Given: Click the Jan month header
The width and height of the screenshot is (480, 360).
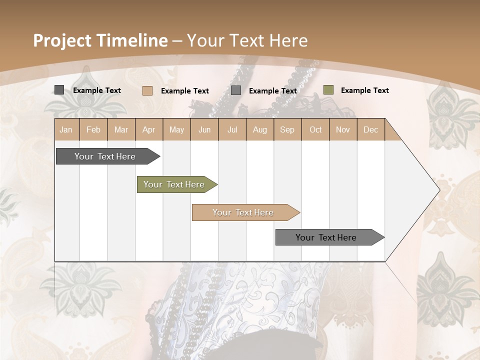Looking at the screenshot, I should pos(66,129).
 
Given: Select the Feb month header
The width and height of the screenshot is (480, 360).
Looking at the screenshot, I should pos(93,129).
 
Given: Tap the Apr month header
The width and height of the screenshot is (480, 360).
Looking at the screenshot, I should pos(148,129).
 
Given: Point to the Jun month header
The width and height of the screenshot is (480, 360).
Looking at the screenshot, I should pos(204,129).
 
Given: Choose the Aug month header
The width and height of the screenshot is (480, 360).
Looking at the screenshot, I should pos(260,129).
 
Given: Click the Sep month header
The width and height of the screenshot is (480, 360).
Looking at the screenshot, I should pos(287,129).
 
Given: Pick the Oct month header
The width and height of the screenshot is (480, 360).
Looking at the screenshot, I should pos(315,129).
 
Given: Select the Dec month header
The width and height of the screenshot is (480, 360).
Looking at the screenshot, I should pos(370,129).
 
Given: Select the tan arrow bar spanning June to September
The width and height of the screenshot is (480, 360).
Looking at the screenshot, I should pos(243,212).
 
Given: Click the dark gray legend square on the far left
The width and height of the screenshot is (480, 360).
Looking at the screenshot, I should pos(59,90).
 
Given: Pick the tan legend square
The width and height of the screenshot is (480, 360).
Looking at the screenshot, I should pos(147,90).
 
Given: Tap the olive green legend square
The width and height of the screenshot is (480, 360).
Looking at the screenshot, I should pos(328,90).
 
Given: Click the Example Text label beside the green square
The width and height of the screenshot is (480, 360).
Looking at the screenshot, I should pos(364,90).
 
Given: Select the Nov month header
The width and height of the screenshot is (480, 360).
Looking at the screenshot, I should pos(343,129).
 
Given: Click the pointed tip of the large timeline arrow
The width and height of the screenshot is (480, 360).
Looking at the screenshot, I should pos(438,190).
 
